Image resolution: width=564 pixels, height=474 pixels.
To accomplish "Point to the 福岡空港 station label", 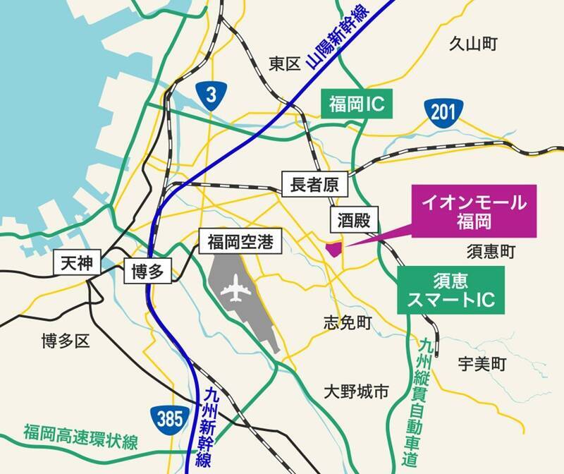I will click(235, 244).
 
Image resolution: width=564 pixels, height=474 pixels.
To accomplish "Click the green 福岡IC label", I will click(356, 104).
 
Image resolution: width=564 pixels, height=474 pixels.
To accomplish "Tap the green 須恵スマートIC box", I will click(451, 290).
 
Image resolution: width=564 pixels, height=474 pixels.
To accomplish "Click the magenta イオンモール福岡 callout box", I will click(474, 212).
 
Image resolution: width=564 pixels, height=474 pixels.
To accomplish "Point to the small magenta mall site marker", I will click(333, 250).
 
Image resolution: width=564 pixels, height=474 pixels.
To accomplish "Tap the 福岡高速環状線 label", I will click(80, 431).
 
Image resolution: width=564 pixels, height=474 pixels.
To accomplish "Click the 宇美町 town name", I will click(482, 365).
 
